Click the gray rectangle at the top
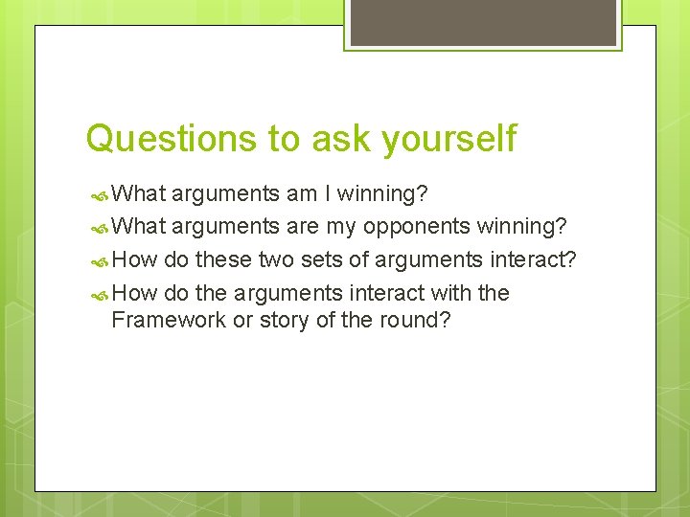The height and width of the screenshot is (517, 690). (482, 22)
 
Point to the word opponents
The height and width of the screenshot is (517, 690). (417, 227)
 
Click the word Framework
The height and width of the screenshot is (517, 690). (169, 320)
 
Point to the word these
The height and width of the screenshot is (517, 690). (223, 259)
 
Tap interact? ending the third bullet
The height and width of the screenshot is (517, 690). (534, 259)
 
